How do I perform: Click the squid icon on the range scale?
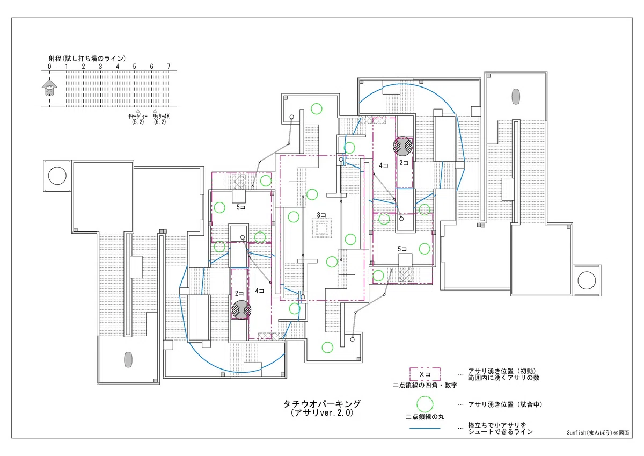(49, 87)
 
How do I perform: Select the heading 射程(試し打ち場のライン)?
(87, 59)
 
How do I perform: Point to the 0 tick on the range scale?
(49, 67)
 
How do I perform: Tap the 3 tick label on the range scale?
(100, 67)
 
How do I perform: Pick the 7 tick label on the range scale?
(169, 67)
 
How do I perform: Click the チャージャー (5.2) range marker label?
(138, 119)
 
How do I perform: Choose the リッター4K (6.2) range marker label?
(160, 119)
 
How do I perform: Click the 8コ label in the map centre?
(321, 215)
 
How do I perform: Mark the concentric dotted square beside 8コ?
(322, 228)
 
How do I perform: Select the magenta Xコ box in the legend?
(425, 374)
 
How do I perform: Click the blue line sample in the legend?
(425, 429)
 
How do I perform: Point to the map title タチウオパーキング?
(322, 404)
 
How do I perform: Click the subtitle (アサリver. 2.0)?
(322, 413)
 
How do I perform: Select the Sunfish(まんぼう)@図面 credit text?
(598, 433)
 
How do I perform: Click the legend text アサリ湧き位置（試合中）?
(506, 404)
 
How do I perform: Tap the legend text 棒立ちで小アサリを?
(497, 425)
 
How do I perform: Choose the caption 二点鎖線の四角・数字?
(425, 385)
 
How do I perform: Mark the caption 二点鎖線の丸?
(425, 417)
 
